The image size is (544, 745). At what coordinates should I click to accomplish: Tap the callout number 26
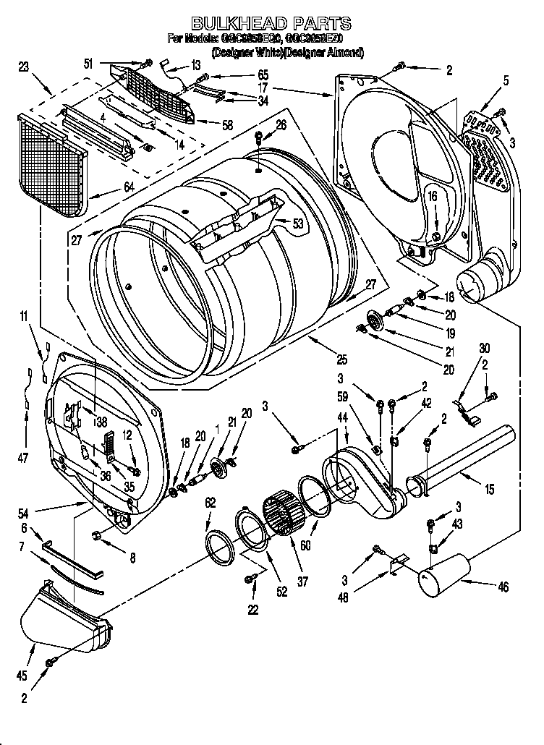[281, 124]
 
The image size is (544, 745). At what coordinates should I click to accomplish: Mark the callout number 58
[227, 125]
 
